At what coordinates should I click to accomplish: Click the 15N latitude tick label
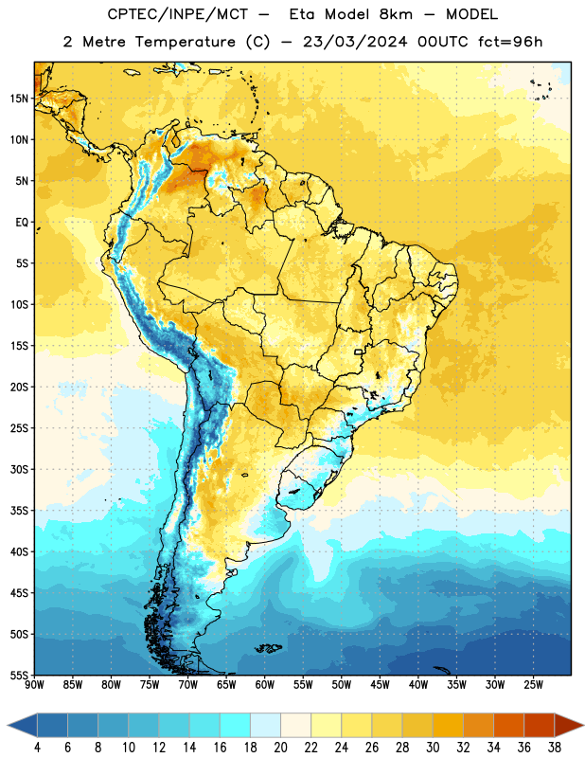(x=19, y=99)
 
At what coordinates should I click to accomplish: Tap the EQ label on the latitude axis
(x=22, y=223)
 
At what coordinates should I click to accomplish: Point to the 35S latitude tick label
(x=19, y=511)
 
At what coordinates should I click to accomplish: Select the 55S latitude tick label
(x=19, y=675)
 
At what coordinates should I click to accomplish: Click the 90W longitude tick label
(x=34, y=684)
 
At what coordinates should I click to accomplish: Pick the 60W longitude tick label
(x=265, y=684)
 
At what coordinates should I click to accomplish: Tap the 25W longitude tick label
(x=533, y=684)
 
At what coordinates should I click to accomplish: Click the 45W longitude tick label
(x=380, y=684)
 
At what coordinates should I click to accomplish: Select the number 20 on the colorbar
(x=280, y=748)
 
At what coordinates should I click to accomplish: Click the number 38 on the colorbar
(x=554, y=748)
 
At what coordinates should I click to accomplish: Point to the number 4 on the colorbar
(x=37, y=748)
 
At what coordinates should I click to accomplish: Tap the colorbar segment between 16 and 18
(x=236, y=725)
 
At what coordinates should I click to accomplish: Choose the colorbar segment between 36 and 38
(x=540, y=725)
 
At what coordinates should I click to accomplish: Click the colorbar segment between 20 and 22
(x=295, y=725)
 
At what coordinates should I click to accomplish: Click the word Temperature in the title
(x=185, y=42)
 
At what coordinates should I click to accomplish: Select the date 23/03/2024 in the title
(x=355, y=42)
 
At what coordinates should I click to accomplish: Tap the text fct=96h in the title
(x=510, y=42)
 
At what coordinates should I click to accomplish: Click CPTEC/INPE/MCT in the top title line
(x=177, y=14)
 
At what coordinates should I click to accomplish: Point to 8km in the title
(x=396, y=14)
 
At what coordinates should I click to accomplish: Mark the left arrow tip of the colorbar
(x=8, y=725)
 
